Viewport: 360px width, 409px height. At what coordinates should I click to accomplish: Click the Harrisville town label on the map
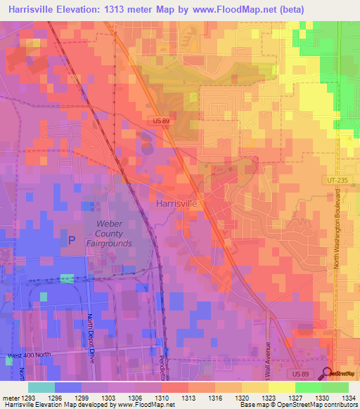pyautogui.click(x=176, y=203)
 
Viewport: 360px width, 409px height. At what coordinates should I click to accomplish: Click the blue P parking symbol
pyautogui.click(x=71, y=240)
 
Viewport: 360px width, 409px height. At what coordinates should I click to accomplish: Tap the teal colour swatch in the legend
pyautogui.click(x=41, y=387)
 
